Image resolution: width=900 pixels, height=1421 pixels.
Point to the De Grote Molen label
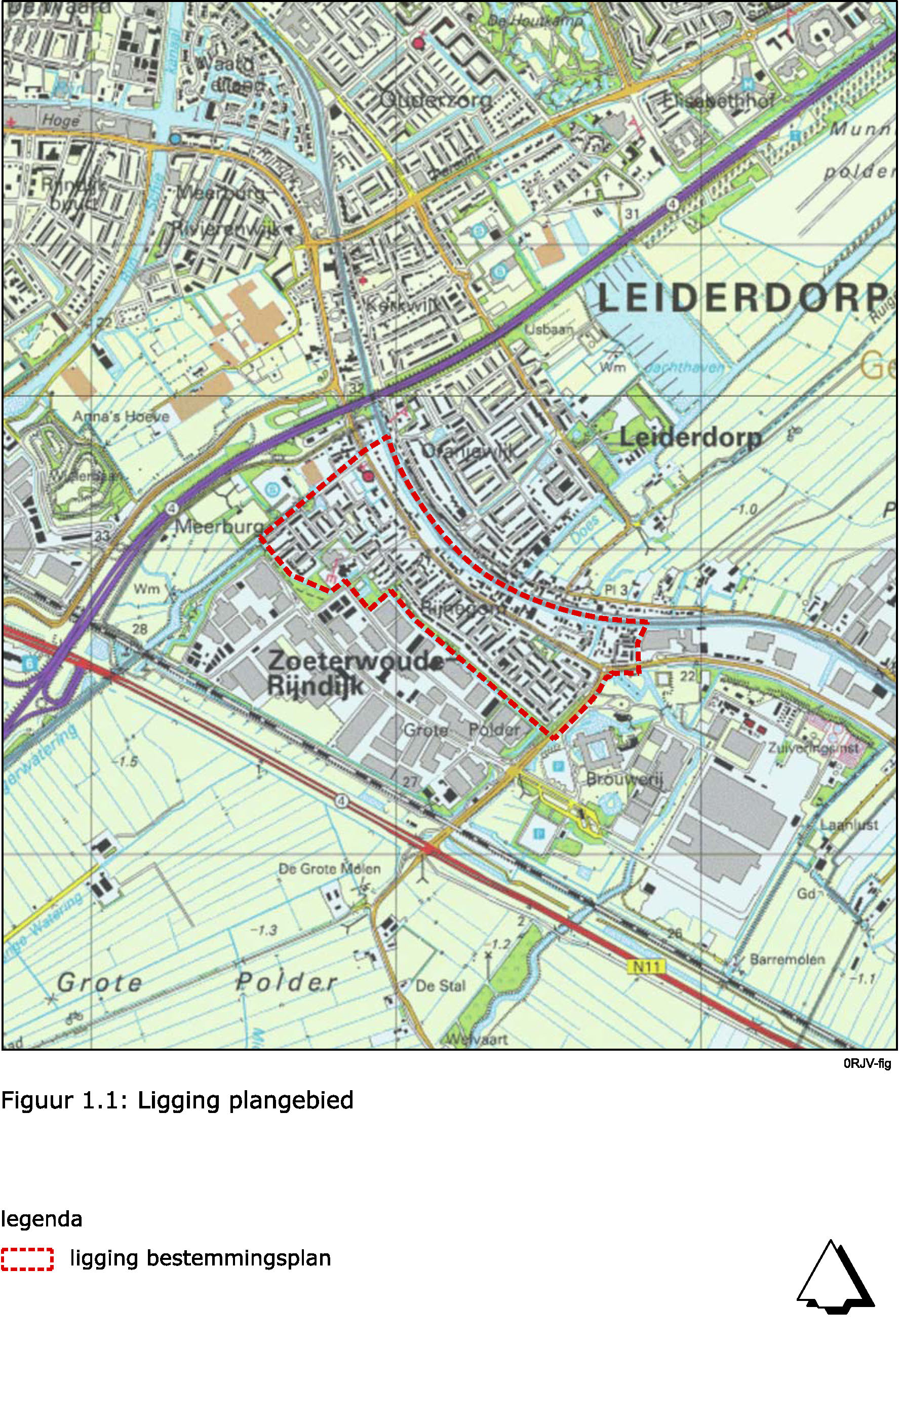click(x=329, y=869)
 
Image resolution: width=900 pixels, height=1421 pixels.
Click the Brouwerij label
click(x=624, y=780)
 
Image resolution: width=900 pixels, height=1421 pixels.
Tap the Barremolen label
click(x=787, y=959)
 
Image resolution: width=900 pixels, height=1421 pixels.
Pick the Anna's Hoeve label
click(x=121, y=416)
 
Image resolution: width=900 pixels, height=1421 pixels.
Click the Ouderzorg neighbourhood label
click(x=435, y=100)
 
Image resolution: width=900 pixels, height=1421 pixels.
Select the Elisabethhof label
click(x=718, y=101)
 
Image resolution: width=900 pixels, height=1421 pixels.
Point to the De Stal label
click(x=440, y=985)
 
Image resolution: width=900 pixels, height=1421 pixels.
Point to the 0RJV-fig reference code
click(x=867, y=1064)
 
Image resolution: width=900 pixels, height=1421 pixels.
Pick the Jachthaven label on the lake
click(x=683, y=368)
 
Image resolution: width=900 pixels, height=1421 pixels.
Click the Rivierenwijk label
click(x=225, y=229)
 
